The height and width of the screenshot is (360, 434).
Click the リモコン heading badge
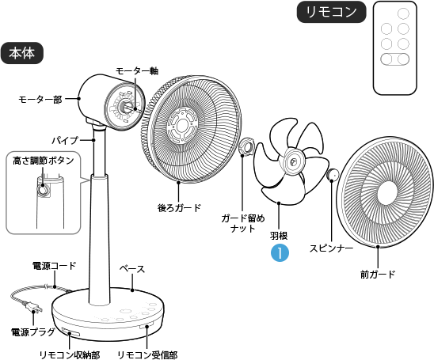[x=331, y=12]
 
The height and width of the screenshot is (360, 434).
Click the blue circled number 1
[x=279, y=252]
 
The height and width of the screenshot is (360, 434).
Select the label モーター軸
[x=137, y=70]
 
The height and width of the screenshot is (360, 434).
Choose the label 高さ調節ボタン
[x=44, y=161]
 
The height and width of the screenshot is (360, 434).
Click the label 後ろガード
[x=179, y=208]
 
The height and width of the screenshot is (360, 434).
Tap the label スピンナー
[x=331, y=248]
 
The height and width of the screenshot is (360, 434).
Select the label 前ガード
[x=377, y=274]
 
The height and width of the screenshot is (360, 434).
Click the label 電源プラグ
[x=32, y=332]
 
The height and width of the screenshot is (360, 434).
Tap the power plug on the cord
[x=34, y=305]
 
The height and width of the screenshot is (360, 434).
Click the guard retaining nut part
[x=246, y=147]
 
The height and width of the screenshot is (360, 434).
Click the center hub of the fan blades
[x=292, y=162]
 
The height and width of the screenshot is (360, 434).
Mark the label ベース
[x=131, y=269]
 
